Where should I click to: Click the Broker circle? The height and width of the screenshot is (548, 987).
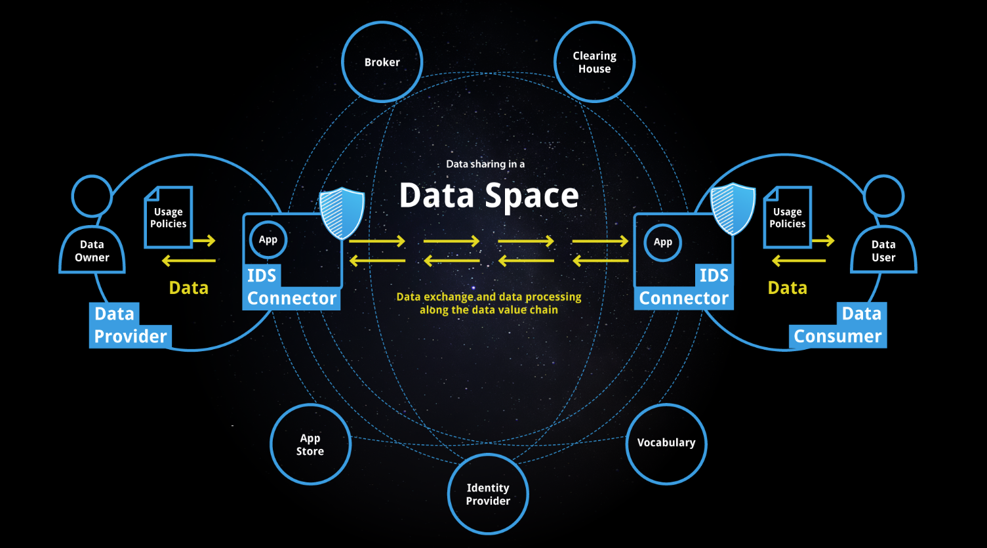click(382, 62)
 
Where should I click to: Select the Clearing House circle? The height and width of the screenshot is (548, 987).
click(594, 62)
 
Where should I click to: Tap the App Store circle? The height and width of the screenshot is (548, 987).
click(310, 444)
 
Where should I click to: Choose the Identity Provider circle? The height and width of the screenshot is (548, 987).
click(488, 494)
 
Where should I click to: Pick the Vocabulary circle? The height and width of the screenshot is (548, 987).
click(666, 443)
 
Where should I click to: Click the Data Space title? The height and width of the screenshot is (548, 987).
click(489, 196)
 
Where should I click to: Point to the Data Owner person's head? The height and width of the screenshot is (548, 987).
click(92, 196)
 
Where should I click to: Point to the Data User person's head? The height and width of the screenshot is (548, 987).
click(883, 196)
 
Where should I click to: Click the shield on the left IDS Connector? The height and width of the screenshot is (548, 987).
click(342, 213)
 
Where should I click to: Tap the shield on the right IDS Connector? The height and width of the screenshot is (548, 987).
click(733, 209)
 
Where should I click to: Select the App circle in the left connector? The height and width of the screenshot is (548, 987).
click(268, 240)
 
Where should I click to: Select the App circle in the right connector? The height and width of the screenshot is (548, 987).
click(663, 242)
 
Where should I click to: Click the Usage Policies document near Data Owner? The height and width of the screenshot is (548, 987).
click(169, 217)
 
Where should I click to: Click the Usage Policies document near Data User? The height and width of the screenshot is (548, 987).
click(788, 217)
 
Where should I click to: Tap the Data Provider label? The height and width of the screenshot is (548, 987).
click(130, 326)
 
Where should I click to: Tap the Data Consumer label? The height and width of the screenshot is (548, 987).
click(838, 326)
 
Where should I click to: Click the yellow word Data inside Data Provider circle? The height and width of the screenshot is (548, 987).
click(189, 288)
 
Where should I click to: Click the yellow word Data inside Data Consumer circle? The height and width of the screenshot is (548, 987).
click(788, 288)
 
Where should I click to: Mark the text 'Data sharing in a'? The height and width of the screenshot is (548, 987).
click(485, 164)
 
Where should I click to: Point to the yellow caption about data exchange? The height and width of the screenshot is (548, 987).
click(489, 303)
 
